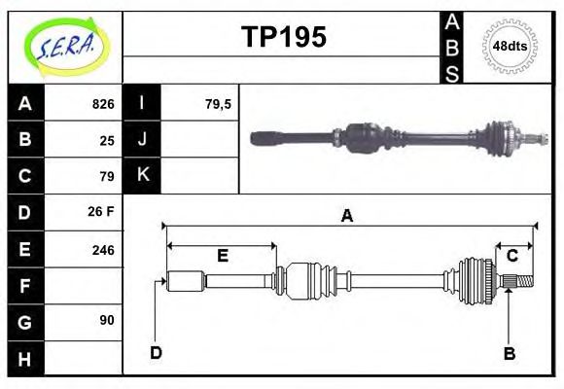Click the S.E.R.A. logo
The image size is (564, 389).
65,46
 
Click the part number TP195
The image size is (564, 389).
283,37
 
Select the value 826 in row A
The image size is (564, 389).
103,104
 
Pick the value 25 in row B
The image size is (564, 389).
107,140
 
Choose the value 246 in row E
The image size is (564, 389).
103,250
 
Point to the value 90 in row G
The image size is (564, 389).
107,320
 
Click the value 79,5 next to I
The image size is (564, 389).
218,104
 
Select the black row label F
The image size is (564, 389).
25,286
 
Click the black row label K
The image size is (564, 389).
143,175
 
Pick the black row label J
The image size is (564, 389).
143,139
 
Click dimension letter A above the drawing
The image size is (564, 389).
346,216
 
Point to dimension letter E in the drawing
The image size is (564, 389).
222,256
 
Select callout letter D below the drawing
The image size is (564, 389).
156,352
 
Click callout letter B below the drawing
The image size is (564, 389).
509,353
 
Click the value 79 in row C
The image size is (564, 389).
107,177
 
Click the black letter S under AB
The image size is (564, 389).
452,72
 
